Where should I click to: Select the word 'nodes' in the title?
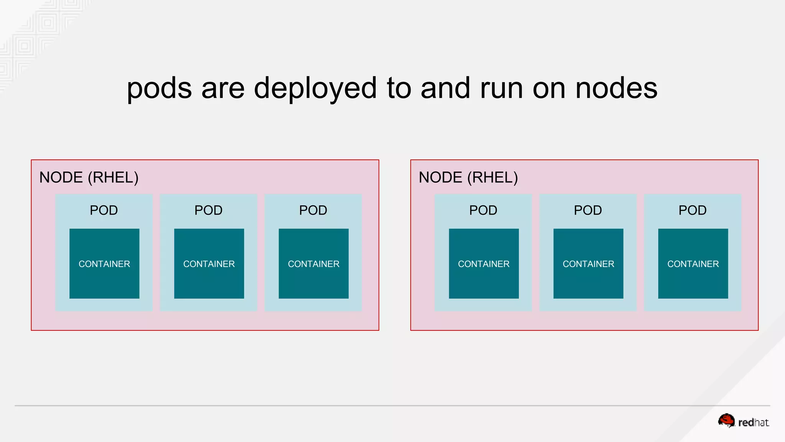coord(616,88)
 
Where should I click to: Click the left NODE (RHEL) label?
coord(89,178)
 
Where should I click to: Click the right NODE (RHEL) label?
coord(468,178)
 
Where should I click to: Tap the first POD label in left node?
coord(104,210)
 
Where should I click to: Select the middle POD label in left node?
coord(209,210)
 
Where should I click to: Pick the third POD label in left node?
coord(313,210)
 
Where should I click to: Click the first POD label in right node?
coord(483,210)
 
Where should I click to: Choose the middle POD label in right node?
coord(588,210)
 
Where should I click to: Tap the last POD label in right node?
coord(693,210)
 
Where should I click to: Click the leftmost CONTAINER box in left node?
coord(104,264)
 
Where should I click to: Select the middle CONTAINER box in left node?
coord(209,264)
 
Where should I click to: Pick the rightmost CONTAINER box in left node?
coord(314,264)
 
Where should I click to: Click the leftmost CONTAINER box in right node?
coord(484,264)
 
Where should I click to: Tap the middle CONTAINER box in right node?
coord(588,264)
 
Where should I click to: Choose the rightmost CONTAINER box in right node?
coord(693,264)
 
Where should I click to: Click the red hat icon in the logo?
coord(726,421)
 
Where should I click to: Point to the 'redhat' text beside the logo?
coord(753,423)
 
